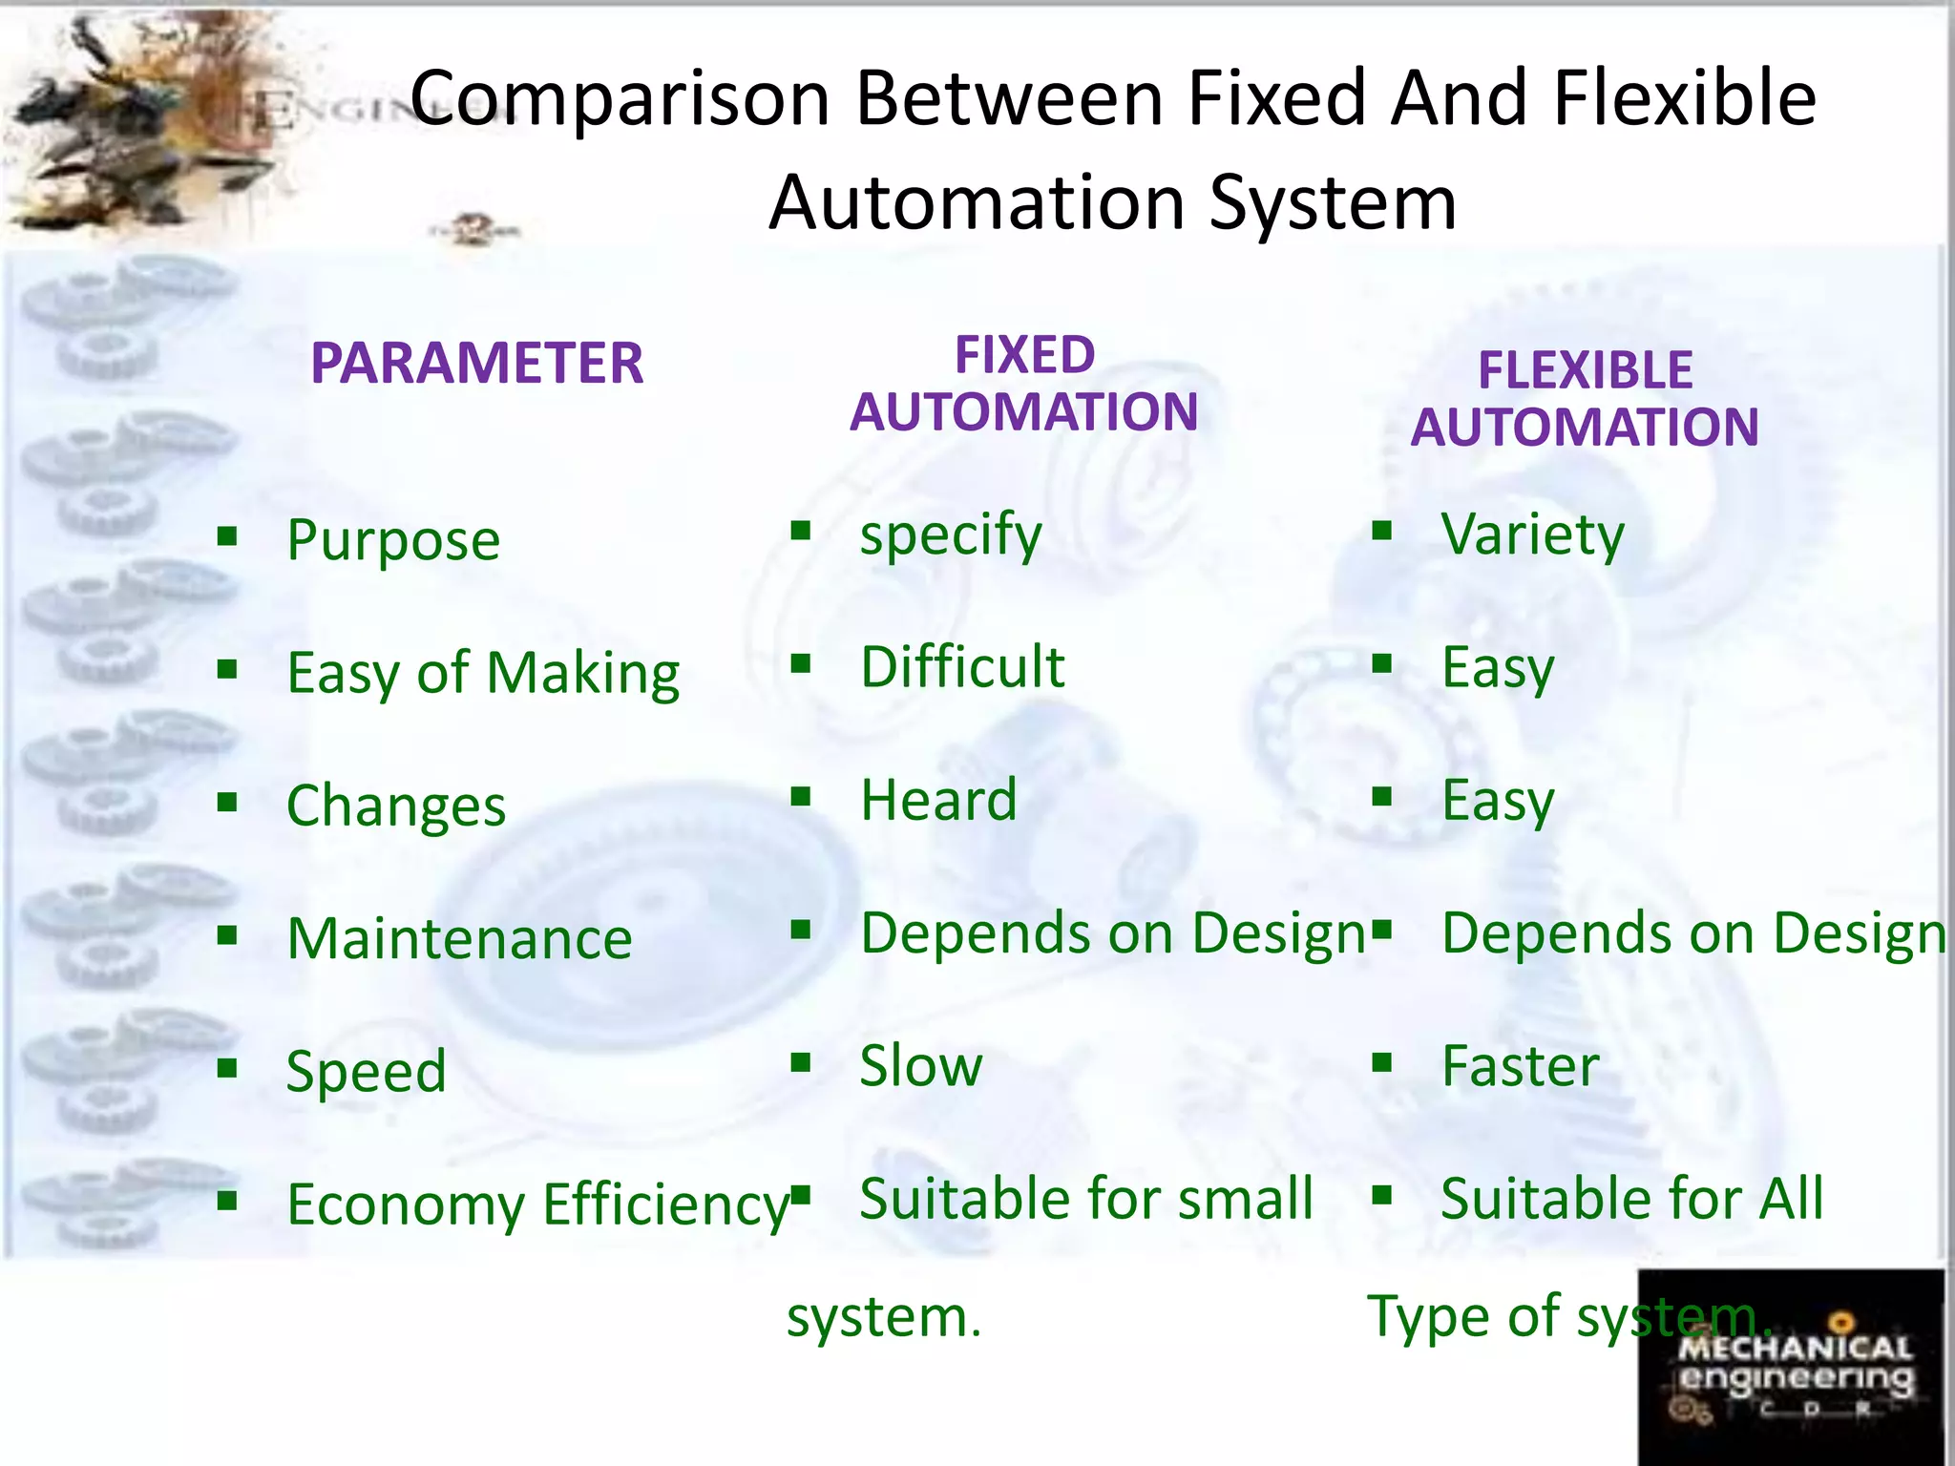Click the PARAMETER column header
click(x=476, y=364)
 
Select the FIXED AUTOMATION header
click(x=1023, y=384)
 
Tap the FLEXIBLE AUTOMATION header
click(x=1585, y=399)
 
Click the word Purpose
click(x=393, y=541)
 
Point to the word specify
click(x=951, y=535)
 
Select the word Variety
click(x=1532, y=535)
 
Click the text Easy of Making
click(x=483, y=674)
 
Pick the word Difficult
click(x=962, y=667)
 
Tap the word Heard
click(x=938, y=800)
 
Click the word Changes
click(x=396, y=806)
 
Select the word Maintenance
click(x=459, y=939)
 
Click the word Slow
click(x=920, y=1066)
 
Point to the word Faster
click(x=1520, y=1066)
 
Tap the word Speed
click(x=367, y=1072)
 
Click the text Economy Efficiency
click(x=538, y=1204)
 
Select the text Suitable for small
click(x=1086, y=1199)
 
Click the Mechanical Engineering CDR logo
click(x=1791, y=1367)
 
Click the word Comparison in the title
click(x=620, y=98)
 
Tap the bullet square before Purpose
click(x=227, y=535)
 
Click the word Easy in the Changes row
click(x=1498, y=801)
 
